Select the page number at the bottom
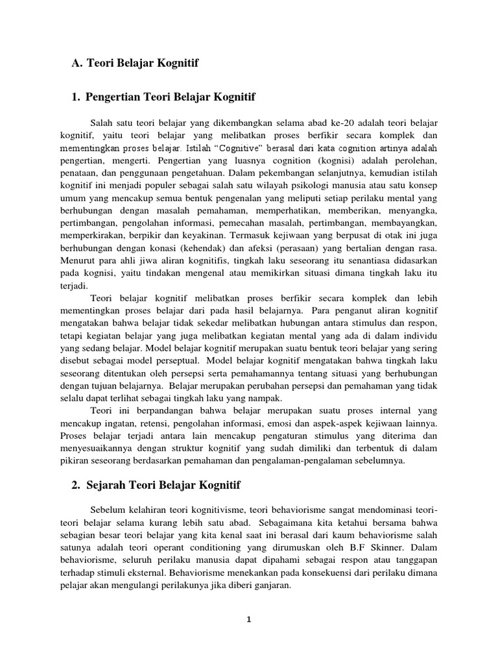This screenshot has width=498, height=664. (248, 619)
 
